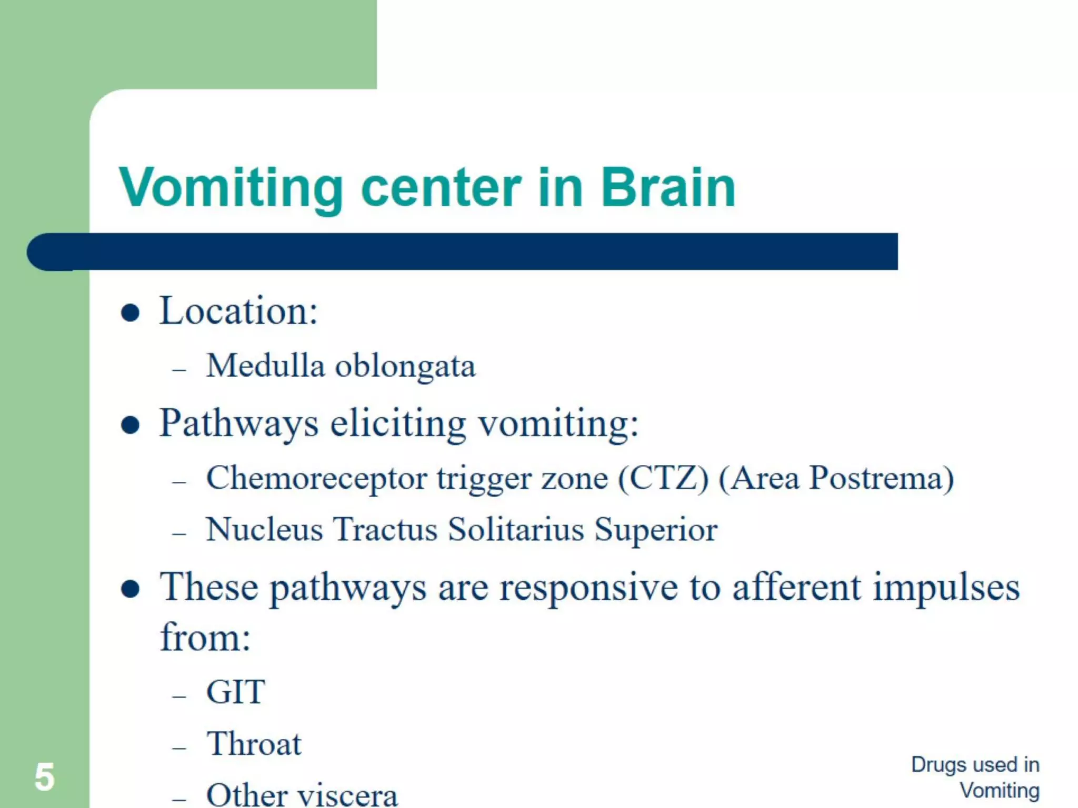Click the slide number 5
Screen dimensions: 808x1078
click(x=44, y=777)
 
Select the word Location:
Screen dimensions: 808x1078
click(x=238, y=311)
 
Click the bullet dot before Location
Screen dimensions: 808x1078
click(x=130, y=313)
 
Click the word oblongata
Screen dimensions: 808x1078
click(x=405, y=367)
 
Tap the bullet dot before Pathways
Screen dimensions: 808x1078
click(x=130, y=425)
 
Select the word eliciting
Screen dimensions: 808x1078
click(x=398, y=423)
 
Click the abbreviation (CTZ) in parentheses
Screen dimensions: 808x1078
click(x=663, y=478)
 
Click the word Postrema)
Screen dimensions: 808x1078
click(x=881, y=478)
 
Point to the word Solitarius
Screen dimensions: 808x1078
click(x=516, y=529)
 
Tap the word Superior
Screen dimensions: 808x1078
click(x=656, y=530)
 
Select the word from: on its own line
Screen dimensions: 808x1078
click(x=205, y=638)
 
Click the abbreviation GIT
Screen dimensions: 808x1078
click(x=236, y=692)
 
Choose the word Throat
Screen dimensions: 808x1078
click(x=254, y=744)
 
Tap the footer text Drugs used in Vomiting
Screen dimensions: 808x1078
click(x=975, y=777)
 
